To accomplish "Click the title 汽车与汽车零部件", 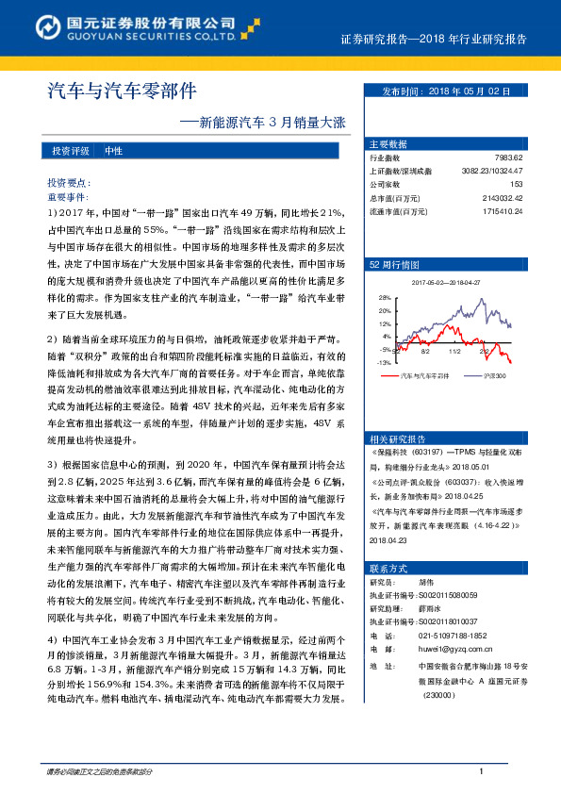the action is coord(122,91).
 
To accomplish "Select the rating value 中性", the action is coord(114,151).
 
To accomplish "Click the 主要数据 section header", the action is coord(388,144).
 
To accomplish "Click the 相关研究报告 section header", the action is coord(398,438).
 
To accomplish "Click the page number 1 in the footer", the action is coord(480,772).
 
